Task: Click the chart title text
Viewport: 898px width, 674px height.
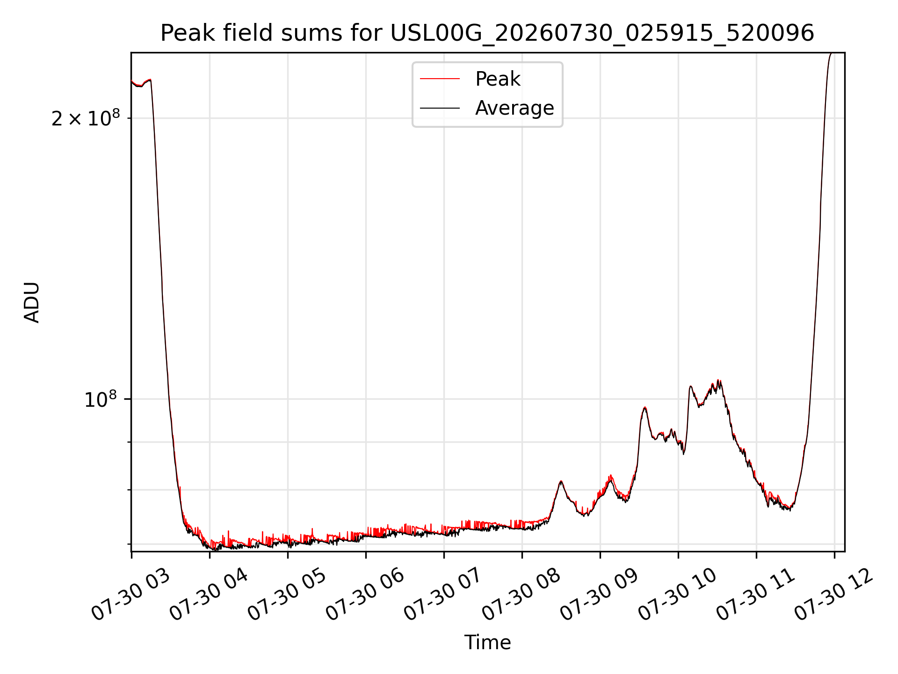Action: click(x=487, y=33)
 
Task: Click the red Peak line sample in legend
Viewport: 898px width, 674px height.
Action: click(x=440, y=79)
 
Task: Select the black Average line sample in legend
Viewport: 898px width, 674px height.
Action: click(x=440, y=108)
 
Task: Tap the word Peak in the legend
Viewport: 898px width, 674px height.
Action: click(x=498, y=79)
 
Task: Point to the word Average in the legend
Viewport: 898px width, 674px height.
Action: click(x=514, y=108)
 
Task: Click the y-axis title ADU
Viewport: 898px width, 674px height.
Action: click(x=32, y=302)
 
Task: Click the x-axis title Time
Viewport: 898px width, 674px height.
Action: click(x=487, y=642)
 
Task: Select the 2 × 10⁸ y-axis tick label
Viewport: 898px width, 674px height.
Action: click(x=86, y=118)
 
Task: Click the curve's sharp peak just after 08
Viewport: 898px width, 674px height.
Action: click(x=561, y=481)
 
